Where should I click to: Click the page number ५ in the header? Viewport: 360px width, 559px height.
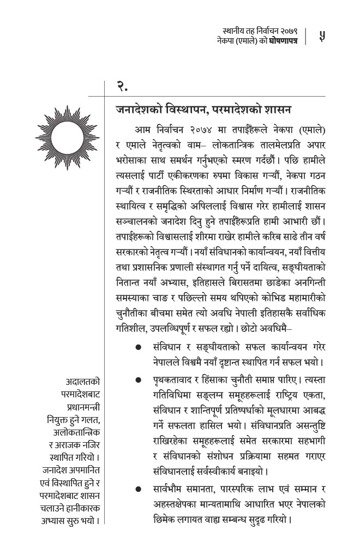pyautogui.click(x=322, y=37)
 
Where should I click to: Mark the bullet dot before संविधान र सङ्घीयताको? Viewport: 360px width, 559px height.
pyautogui.click(x=139, y=347)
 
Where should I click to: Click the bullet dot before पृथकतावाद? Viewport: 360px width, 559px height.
pyautogui.click(x=139, y=379)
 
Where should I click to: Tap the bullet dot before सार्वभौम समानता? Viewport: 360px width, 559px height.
pyautogui.click(x=139, y=489)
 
